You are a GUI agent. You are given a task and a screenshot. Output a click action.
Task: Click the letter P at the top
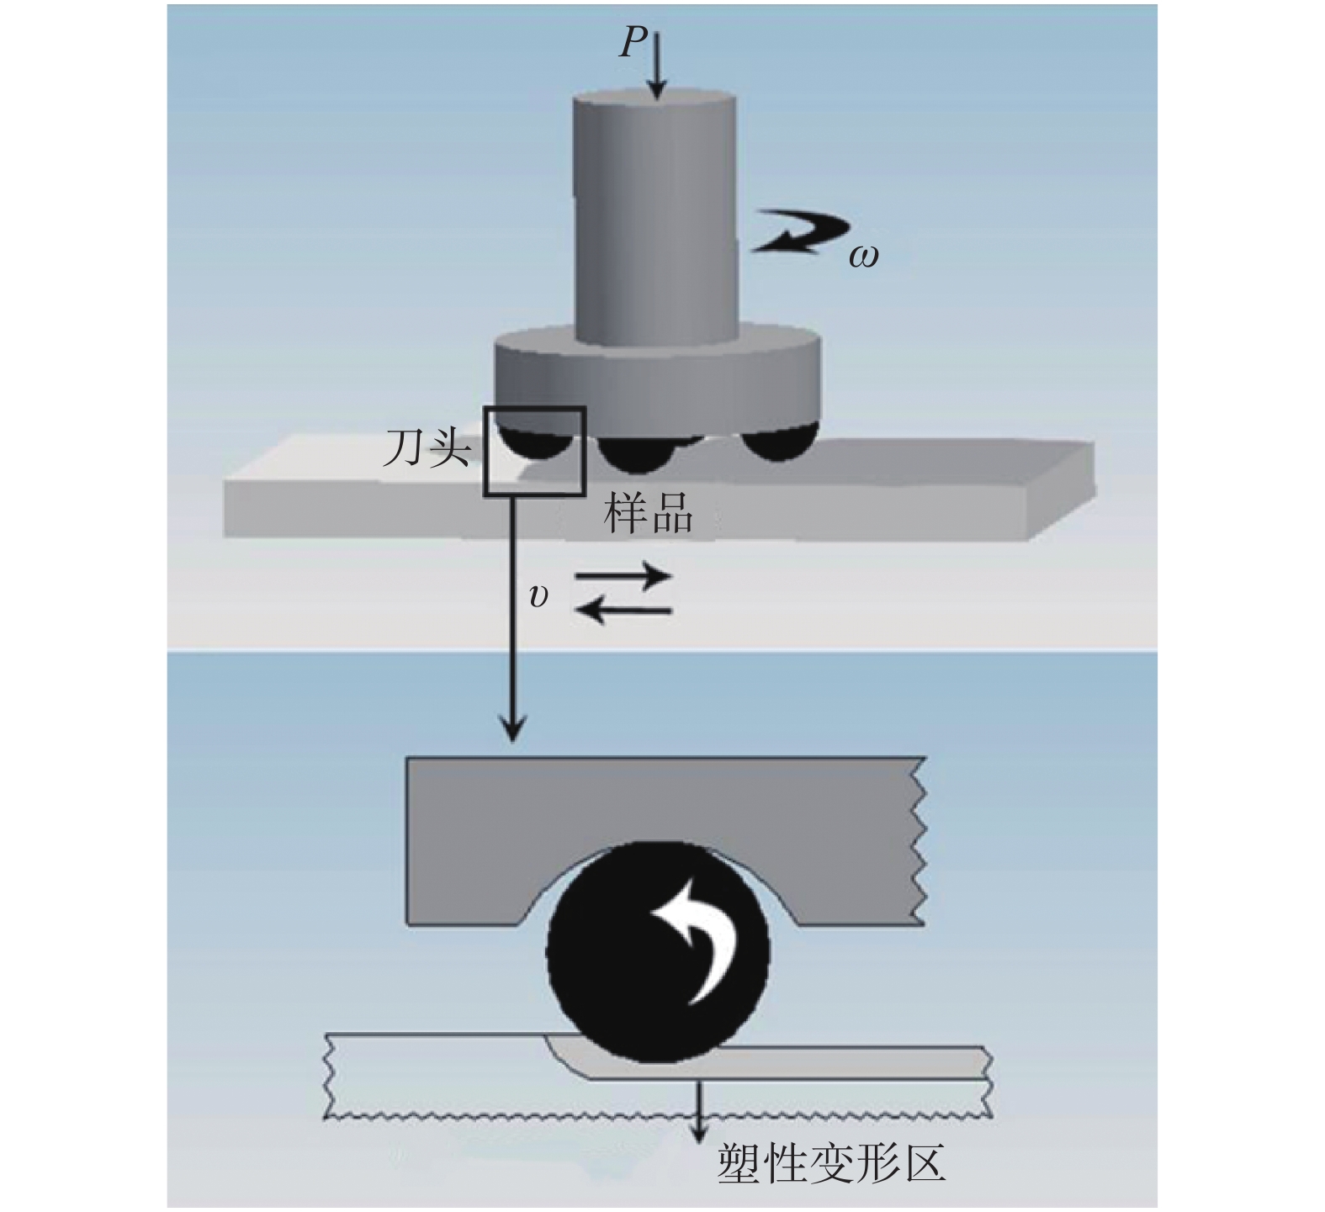pos(633,41)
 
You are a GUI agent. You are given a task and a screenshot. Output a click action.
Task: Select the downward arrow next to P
pos(658,64)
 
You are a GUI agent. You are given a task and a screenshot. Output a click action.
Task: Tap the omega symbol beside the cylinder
pos(863,255)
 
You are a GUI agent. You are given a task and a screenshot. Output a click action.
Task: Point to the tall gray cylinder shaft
pos(655,219)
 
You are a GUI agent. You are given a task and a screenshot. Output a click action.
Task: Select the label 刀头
pos(427,447)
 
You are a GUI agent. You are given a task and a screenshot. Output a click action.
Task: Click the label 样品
pos(648,512)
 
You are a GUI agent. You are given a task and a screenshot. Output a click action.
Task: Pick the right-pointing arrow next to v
pos(623,577)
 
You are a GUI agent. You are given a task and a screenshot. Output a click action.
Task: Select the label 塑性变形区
pos(831,1164)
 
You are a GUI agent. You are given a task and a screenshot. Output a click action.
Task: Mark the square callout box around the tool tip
pos(533,451)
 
